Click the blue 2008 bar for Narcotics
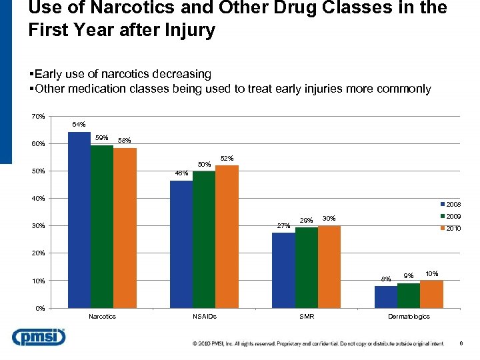(x=79, y=220)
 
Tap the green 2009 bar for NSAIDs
(x=204, y=239)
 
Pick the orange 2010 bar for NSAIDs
(x=227, y=237)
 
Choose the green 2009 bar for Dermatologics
(x=409, y=295)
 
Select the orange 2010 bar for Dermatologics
(x=431, y=294)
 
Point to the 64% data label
(x=79, y=125)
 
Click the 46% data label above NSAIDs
(x=181, y=173)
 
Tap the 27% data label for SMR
(x=283, y=226)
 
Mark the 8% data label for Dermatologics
(x=385, y=279)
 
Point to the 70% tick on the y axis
(x=38, y=117)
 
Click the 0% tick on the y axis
(x=39, y=308)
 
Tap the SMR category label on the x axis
(x=307, y=317)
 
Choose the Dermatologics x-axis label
(x=409, y=317)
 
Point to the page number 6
(x=461, y=343)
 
